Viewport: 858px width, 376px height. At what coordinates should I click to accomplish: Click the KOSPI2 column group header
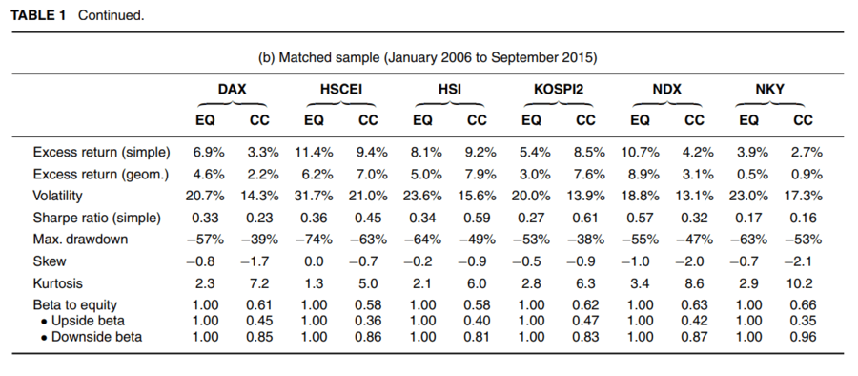558,89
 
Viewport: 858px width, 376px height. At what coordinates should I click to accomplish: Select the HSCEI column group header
341,89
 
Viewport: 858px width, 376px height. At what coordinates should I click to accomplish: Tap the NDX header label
667,89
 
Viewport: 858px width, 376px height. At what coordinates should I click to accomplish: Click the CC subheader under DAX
259,120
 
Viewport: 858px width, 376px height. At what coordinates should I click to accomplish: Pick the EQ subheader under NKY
748,120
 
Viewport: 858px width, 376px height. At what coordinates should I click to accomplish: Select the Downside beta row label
92,337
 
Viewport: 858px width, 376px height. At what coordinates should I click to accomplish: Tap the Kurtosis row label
55,283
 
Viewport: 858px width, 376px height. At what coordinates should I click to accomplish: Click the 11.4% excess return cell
314,153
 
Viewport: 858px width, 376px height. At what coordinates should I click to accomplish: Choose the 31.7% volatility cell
314,197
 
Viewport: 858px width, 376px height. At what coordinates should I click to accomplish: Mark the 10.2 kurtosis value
804,283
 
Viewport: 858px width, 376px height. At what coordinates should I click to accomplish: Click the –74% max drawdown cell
314,240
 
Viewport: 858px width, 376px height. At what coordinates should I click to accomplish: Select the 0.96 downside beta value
804,337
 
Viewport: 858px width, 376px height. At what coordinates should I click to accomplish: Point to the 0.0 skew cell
314,261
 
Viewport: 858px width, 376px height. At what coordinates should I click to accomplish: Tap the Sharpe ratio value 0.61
585,218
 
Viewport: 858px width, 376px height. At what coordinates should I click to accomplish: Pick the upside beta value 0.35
804,320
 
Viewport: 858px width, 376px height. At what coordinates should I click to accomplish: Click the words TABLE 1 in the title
38,15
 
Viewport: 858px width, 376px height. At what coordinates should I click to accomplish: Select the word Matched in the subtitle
301,58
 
